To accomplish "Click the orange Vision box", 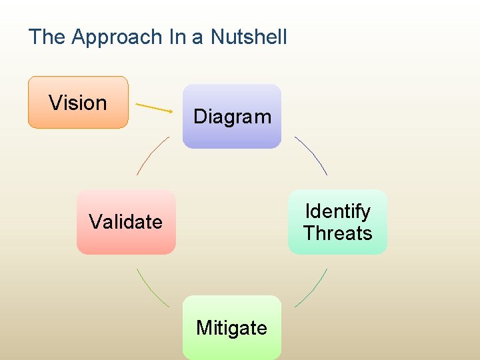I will [x=77, y=102].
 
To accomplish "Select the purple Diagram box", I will [x=232, y=116].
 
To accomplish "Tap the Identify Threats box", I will [x=337, y=222].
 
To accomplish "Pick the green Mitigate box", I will [x=232, y=327].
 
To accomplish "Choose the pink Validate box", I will [x=126, y=222].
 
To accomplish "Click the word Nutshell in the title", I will [x=249, y=37].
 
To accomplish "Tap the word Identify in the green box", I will [x=337, y=211].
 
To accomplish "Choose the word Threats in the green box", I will [x=337, y=233].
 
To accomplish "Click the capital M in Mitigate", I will [x=203, y=327].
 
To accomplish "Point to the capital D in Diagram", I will [x=199, y=117].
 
